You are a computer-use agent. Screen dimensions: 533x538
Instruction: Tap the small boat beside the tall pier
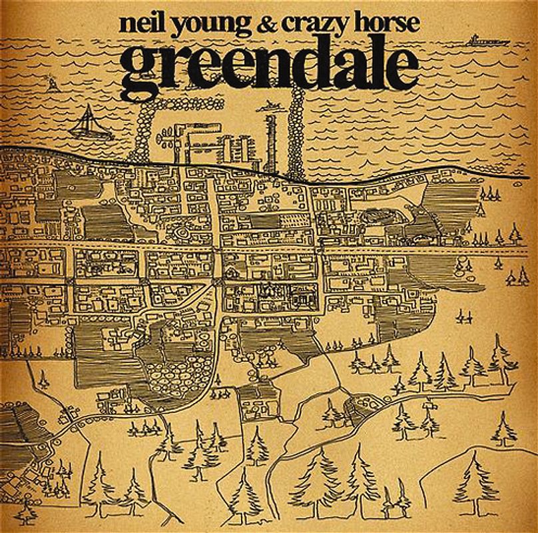[269, 105]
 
